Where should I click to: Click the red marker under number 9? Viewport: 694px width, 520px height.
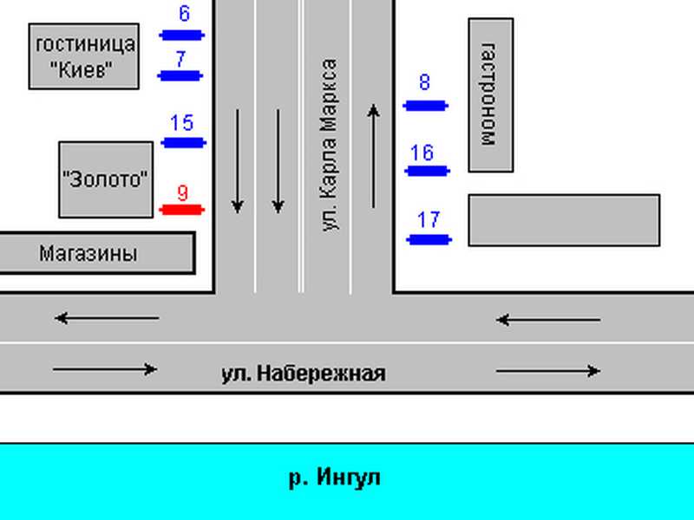(x=181, y=210)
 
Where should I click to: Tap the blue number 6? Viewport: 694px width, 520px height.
(x=184, y=14)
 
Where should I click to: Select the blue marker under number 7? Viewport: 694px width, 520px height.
(x=180, y=75)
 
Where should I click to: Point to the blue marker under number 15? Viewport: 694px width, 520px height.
(x=183, y=143)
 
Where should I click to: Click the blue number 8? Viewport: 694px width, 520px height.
(x=424, y=82)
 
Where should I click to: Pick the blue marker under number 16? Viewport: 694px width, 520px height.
(x=427, y=171)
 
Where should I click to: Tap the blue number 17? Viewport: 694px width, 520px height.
(x=429, y=220)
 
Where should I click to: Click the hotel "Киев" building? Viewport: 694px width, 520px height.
(x=83, y=56)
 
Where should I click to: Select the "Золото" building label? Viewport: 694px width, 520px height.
(x=105, y=179)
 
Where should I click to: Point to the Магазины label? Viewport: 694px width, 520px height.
(x=88, y=253)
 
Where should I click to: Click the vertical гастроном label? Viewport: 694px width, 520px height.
(x=488, y=94)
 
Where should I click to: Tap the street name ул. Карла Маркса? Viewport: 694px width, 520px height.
(x=330, y=145)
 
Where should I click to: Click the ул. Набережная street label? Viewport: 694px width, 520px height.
(x=303, y=374)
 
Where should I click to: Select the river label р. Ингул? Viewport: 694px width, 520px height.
(x=334, y=478)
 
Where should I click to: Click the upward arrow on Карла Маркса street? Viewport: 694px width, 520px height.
(x=374, y=156)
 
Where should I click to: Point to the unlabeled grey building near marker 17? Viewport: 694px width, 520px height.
(x=564, y=220)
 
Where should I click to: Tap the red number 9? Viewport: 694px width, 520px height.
(x=183, y=193)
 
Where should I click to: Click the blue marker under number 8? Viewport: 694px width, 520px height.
(x=425, y=106)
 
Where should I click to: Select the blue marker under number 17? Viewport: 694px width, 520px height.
(x=429, y=240)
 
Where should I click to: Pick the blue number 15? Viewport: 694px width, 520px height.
(x=182, y=123)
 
